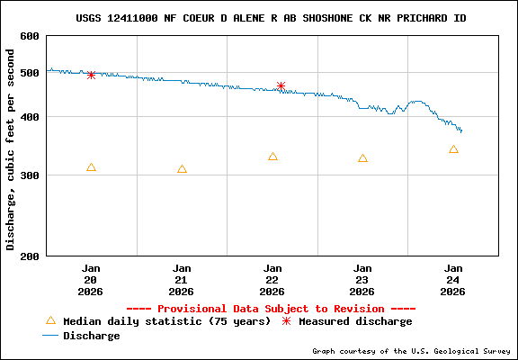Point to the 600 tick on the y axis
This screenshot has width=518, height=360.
click(29, 36)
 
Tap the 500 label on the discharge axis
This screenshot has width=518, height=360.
click(29, 73)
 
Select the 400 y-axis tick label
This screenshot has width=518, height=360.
click(29, 117)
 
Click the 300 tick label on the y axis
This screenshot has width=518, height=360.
click(29, 175)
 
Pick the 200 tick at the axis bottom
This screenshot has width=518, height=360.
click(29, 256)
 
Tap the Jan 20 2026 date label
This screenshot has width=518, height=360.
click(91, 279)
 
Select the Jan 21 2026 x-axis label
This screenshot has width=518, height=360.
click(182, 279)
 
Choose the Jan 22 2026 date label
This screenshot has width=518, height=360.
click(272, 279)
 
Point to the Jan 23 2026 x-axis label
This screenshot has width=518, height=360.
click(362, 279)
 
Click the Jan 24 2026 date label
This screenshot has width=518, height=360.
click(453, 279)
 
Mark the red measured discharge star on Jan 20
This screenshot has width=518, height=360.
click(91, 76)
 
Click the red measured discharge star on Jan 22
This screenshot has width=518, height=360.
click(281, 86)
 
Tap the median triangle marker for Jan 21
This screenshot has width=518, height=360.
click(182, 169)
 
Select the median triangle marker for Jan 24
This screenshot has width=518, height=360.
click(453, 149)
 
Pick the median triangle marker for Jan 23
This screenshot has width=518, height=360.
click(362, 158)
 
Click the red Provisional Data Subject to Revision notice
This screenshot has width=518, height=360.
click(271, 308)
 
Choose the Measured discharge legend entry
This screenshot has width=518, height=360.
click(355, 321)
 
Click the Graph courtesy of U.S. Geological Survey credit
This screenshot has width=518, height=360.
click(412, 351)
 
